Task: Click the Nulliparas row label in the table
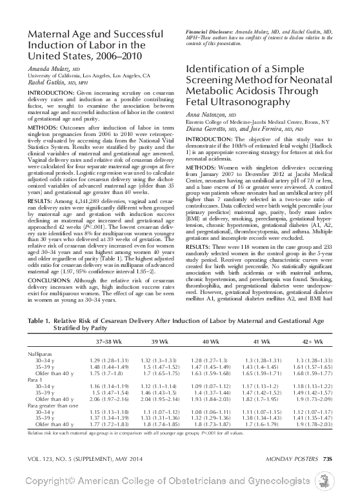[x=42, y=355]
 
